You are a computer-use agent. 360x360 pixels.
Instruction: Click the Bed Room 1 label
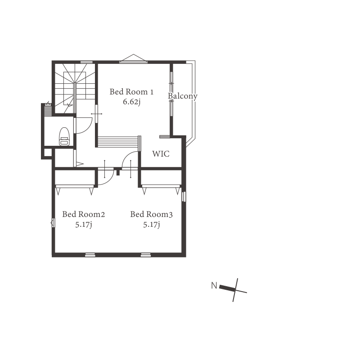[x=131, y=92]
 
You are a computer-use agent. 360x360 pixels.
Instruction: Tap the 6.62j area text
[x=131, y=102]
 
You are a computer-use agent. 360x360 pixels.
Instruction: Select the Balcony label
[x=183, y=96]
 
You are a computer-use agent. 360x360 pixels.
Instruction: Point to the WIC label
[x=161, y=153]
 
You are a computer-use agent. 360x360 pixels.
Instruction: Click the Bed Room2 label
[x=84, y=214]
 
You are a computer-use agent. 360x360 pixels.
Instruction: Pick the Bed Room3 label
[x=151, y=214]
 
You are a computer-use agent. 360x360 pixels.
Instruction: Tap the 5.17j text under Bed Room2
[x=84, y=224]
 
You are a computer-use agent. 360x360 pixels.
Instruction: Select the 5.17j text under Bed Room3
[x=152, y=224]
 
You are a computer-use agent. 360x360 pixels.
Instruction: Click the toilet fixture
[x=64, y=137]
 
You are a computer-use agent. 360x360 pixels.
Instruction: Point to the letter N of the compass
[x=214, y=285]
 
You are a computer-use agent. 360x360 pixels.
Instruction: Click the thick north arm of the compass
[x=228, y=288]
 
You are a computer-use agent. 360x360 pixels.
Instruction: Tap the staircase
[x=75, y=88]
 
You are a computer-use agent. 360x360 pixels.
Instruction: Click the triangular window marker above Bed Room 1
[x=133, y=58]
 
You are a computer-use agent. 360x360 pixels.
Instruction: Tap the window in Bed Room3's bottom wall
[x=146, y=255]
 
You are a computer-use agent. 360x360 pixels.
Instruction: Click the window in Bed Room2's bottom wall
[x=90, y=255]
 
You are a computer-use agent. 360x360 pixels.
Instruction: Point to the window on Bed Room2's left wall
[x=53, y=223]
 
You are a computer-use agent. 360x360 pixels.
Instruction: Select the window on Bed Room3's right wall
[x=184, y=197]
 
